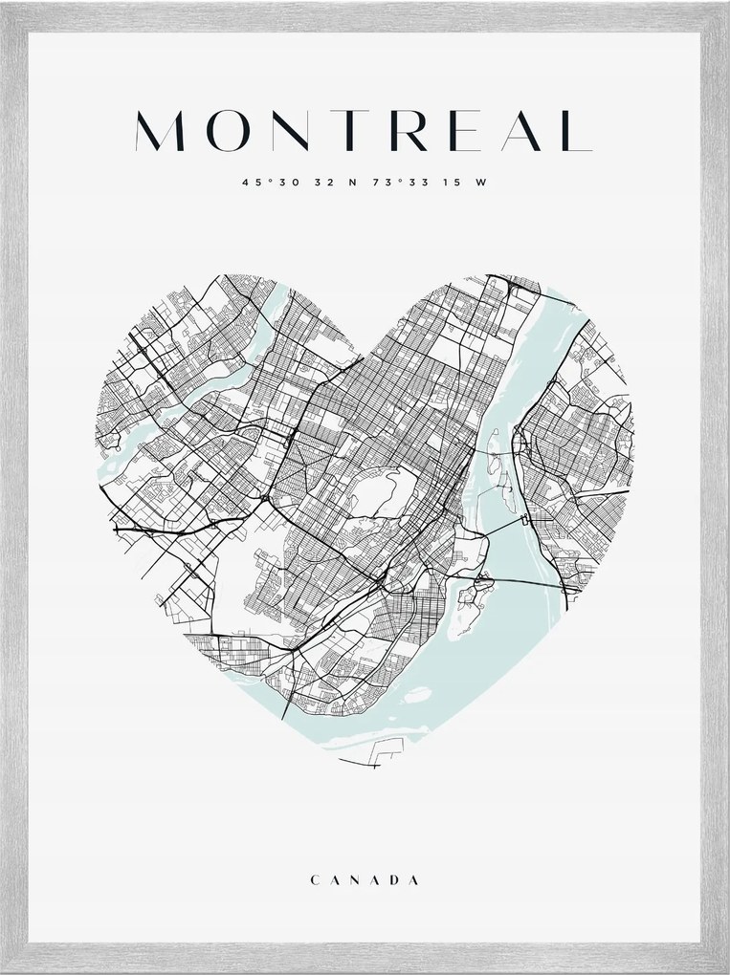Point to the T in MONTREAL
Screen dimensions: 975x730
pos(343,130)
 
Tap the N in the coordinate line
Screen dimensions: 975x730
pos(351,183)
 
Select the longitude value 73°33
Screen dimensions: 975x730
pos(396,183)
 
